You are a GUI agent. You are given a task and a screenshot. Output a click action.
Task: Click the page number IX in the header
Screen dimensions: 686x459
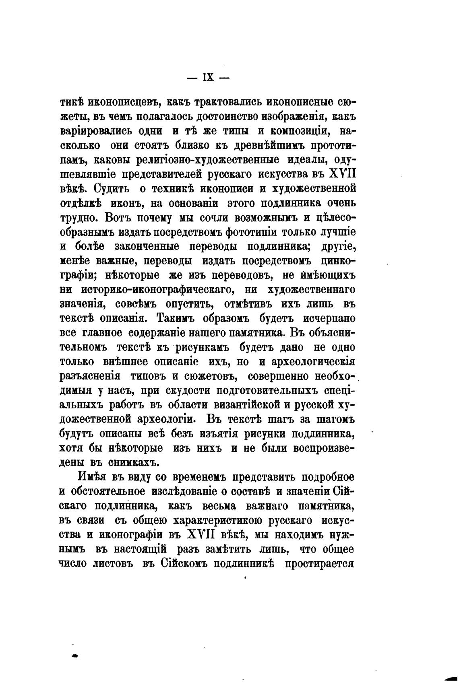pyautogui.click(x=209, y=78)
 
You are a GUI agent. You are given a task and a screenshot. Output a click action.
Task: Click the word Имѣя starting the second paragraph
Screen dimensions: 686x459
pyautogui.click(x=89, y=477)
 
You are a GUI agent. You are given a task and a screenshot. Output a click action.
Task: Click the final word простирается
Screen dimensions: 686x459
pyautogui.click(x=319, y=564)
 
